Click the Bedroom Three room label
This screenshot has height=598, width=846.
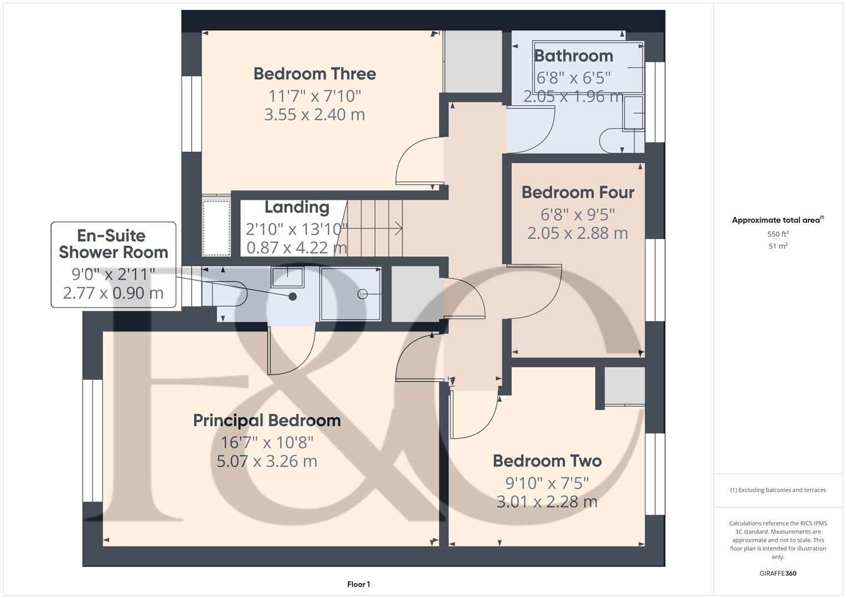[315, 74]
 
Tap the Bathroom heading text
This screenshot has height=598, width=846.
[573, 56]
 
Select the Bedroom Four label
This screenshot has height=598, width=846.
[578, 192]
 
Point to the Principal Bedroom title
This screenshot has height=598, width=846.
[267, 420]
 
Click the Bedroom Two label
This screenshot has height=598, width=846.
[547, 461]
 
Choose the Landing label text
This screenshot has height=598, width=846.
[297, 207]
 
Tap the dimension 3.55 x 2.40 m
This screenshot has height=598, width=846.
[315, 115]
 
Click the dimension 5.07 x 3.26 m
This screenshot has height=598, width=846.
[267, 461]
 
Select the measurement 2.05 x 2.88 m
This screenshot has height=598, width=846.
[578, 233]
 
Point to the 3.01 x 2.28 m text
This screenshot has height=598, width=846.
[547, 502]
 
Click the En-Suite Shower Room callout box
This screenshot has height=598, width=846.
[114, 265]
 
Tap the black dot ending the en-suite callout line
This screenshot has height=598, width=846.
[293, 297]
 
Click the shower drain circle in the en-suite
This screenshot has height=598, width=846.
[362, 293]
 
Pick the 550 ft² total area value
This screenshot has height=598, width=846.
[778, 234]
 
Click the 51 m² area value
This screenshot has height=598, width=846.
[778, 246]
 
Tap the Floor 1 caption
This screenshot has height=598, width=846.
[359, 584]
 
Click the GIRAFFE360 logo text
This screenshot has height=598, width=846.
[778, 573]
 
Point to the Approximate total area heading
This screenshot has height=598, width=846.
[778, 220]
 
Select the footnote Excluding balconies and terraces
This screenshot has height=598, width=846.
[778, 490]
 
